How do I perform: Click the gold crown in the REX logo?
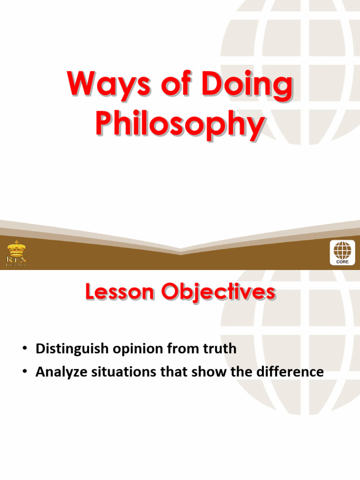[16, 248]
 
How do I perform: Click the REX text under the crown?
[16, 259]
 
